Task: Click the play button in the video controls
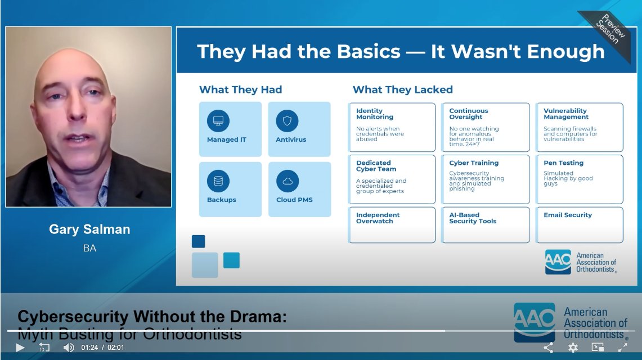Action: [x=20, y=348]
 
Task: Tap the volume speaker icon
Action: [x=69, y=348]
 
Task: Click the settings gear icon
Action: [x=573, y=348]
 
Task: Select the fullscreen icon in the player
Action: [x=622, y=348]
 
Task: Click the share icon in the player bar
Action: [x=548, y=348]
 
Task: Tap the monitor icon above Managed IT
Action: [x=218, y=121]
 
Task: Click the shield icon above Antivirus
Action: [x=287, y=121]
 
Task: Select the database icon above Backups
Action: [x=218, y=181]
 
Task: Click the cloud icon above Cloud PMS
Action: [x=287, y=181]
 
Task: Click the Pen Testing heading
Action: [x=563, y=163]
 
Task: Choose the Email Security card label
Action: [x=568, y=215]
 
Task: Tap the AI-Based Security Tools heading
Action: [x=473, y=218]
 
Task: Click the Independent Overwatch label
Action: [x=378, y=218]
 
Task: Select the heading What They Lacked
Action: [x=402, y=89]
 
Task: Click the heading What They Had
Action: [x=240, y=89]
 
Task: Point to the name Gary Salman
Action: [x=89, y=229]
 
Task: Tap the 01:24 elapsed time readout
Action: [x=90, y=348]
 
